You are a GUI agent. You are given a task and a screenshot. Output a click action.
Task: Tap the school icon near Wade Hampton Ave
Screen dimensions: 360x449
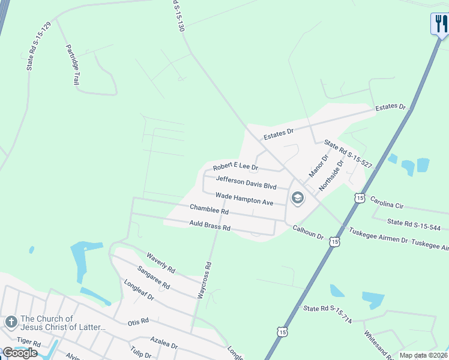coord(297,198)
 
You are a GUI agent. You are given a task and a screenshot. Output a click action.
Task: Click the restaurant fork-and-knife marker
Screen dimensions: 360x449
coord(439,24)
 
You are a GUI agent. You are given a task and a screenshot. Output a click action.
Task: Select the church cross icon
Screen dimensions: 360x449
coord(11,322)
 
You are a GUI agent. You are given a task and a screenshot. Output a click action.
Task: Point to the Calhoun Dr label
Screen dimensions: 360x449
coord(308,232)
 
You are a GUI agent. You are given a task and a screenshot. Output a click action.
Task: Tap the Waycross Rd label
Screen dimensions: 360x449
coord(205,280)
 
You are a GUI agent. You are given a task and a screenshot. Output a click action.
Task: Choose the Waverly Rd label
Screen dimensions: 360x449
coord(160,263)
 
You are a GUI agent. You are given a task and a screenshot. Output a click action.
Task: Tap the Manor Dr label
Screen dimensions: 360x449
coord(318,166)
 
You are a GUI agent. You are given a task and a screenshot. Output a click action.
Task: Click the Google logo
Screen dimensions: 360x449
coord(20,353)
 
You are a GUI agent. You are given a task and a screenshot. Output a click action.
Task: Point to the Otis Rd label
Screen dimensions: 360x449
coord(137,322)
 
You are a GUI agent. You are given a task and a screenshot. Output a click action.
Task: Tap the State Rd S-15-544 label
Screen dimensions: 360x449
coord(414,225)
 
